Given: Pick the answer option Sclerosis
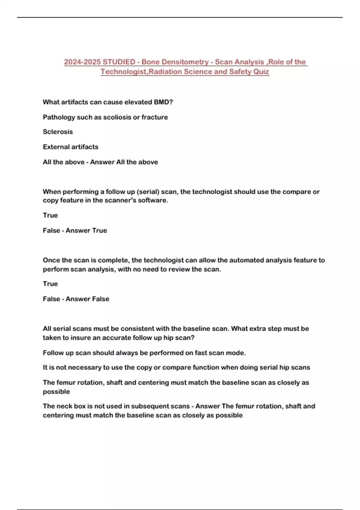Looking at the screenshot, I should [58, 132].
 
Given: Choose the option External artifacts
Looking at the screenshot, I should [70, 147].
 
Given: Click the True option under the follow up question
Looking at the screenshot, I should [50, 215].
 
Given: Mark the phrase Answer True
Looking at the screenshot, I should [86, 230].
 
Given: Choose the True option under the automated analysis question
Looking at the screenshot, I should [50, 283].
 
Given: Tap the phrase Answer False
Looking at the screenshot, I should [87, 299].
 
